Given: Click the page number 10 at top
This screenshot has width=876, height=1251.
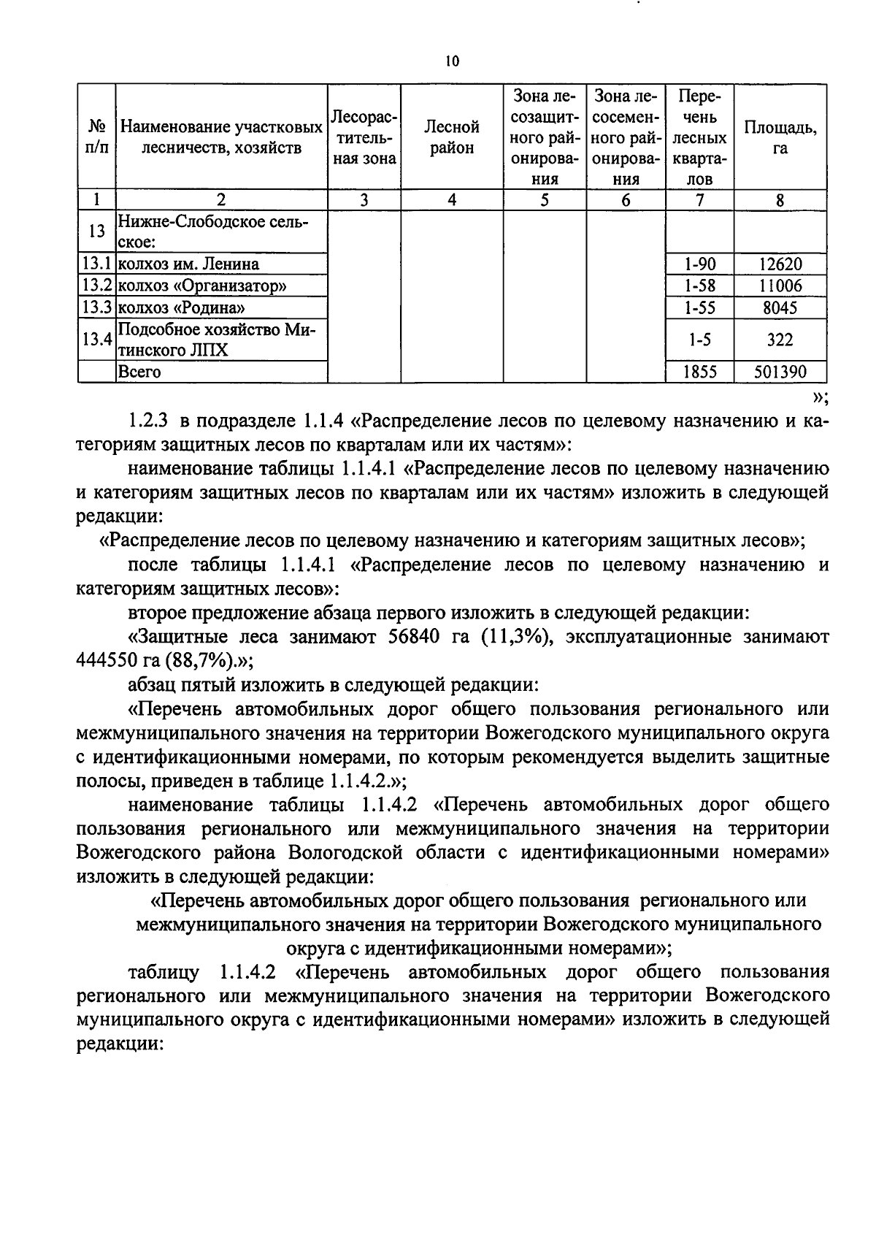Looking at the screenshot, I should [451, 61].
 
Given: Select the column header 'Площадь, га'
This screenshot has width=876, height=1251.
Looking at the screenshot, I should [780, 137].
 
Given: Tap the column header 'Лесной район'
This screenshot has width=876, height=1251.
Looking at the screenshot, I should [452, 137].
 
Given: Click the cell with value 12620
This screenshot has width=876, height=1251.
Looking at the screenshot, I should [780, 264].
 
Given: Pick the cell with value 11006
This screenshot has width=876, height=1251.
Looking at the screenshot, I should [780, 286].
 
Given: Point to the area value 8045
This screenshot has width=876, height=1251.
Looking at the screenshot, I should [780, 307].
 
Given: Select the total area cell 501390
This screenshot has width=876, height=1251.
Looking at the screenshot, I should [780, 372].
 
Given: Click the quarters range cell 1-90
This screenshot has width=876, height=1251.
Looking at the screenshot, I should [699, 264].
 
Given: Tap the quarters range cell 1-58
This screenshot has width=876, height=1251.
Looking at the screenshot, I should [699, 286].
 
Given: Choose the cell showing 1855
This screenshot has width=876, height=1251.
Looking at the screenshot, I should [699, 372].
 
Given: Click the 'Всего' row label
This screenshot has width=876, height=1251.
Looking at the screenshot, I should [139, 372].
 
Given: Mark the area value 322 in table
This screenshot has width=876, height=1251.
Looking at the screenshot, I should [780, 340].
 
